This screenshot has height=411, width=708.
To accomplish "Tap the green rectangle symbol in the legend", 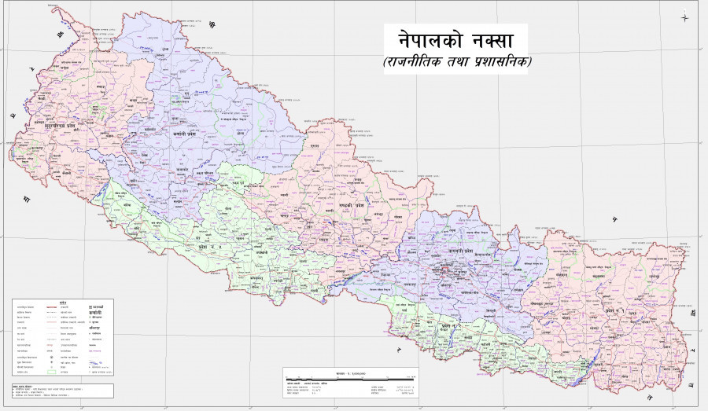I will pos(51,372).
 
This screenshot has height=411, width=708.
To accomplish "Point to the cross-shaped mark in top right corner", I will pos(685,17).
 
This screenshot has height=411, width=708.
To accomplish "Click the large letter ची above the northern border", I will pos(211,26).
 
